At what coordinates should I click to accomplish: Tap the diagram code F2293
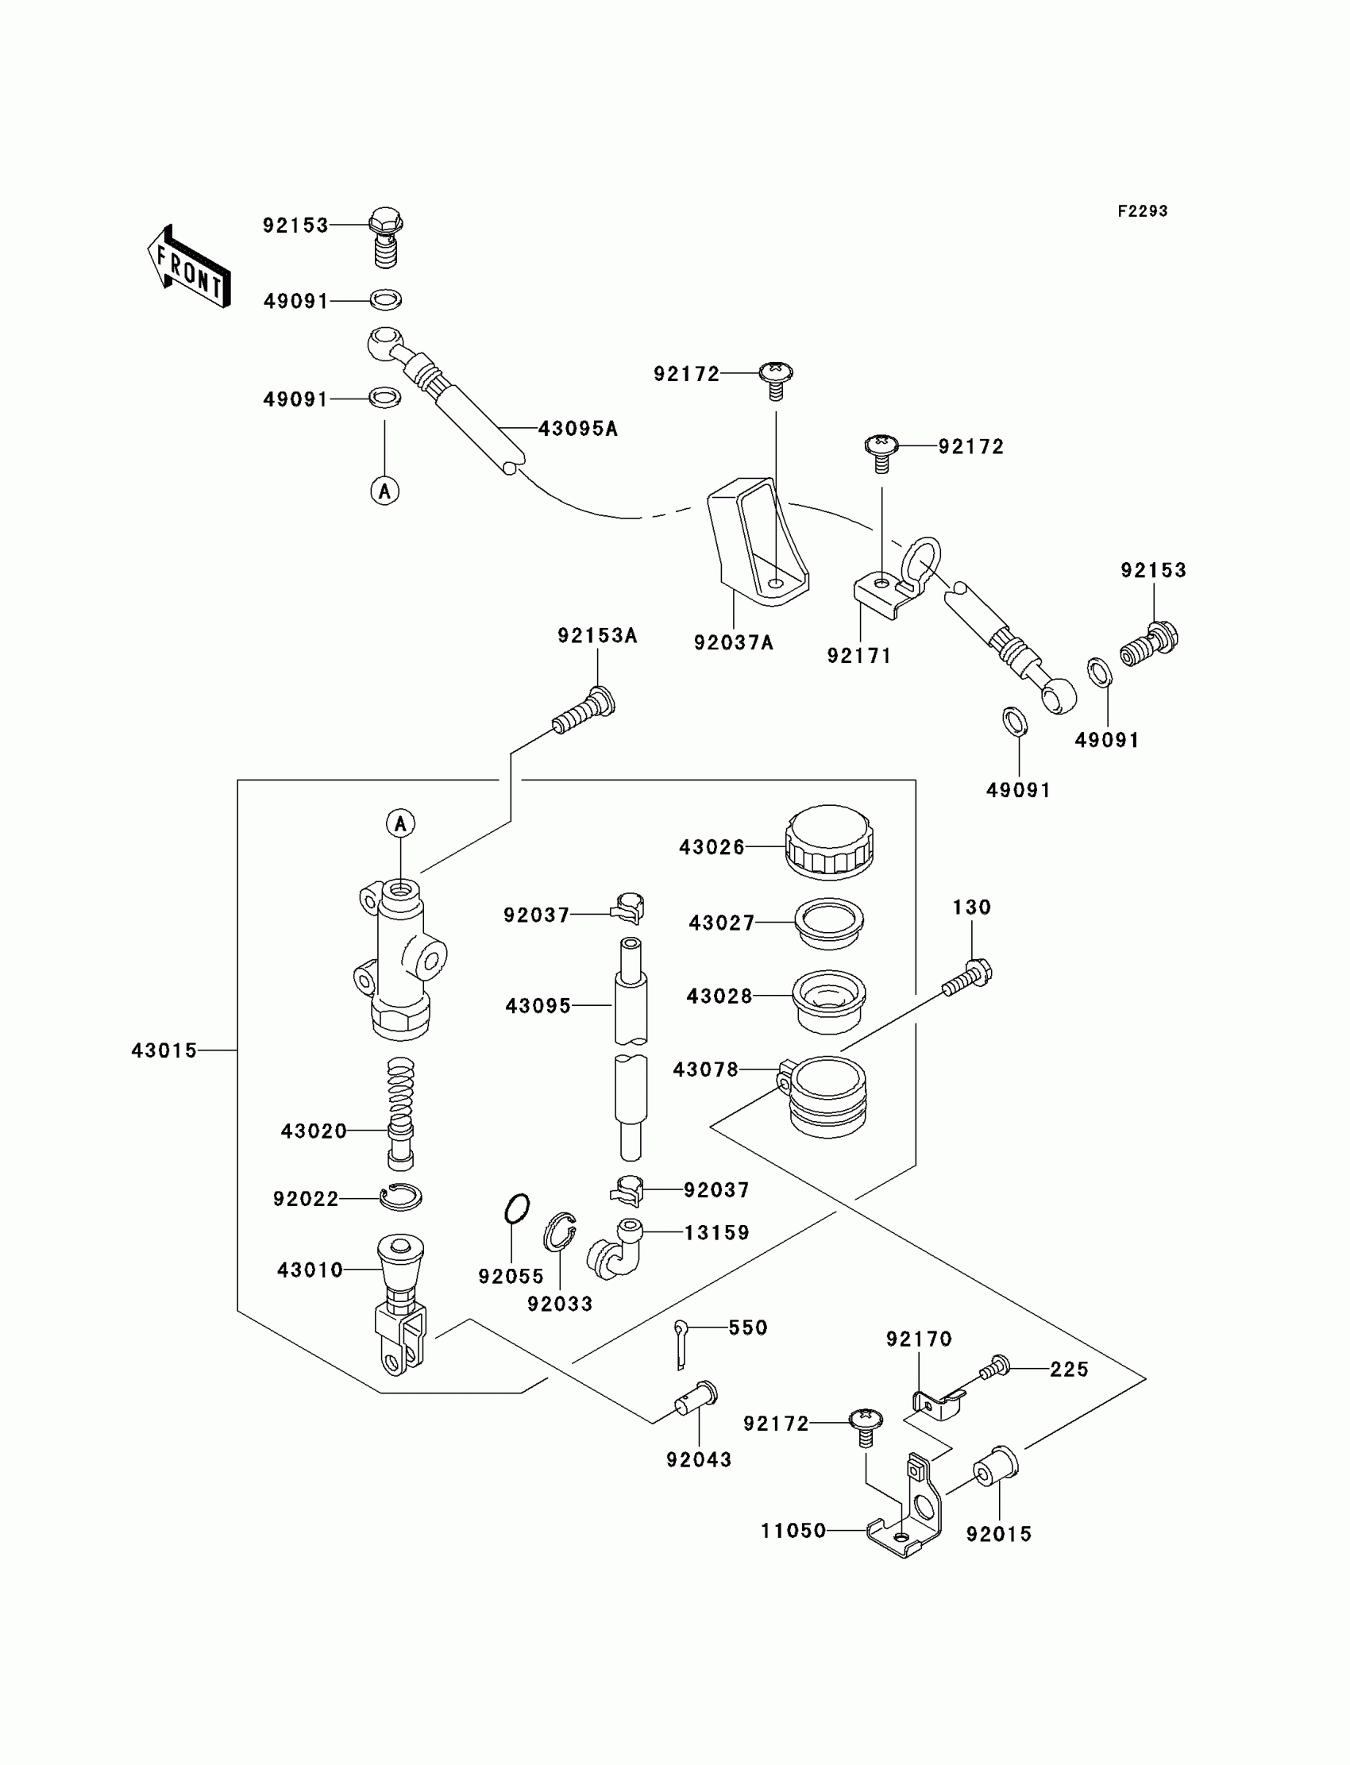[x=1142, y=211]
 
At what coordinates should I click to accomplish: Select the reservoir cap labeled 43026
[x=828, y=841]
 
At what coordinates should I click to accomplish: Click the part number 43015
[x=164, y=1050]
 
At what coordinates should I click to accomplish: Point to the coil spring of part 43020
[x=400, y=1092]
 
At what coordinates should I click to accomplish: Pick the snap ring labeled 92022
[x=401, y=1197]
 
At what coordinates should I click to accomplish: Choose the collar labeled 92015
[x=996, y=1470]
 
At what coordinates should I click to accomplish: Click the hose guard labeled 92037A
[x=755, y=541]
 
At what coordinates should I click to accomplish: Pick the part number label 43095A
[x=578, y=429]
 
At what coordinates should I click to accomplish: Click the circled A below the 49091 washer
[x=384, y=490]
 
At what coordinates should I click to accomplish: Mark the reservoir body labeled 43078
[x=826, y=1096]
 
